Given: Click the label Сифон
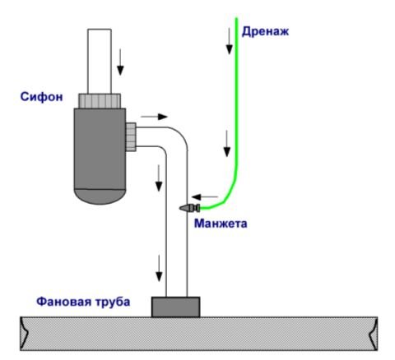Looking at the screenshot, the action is [x=42, y=97].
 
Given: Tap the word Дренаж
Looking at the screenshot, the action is [x=265, y=31].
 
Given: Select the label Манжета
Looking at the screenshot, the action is [x=221, y=224].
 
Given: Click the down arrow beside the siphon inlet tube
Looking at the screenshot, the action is [x=120, y=62].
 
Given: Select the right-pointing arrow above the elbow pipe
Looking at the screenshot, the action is [x=154, y=117].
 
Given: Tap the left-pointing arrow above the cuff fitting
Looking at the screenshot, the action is [x=205, y=196].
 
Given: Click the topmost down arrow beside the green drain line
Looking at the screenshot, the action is [x=229, y=41].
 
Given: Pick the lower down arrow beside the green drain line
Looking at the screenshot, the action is [x=227, y=144].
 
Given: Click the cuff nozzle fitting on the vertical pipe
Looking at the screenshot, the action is [x=189, y=208].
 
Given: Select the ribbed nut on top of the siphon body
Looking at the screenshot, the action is [x=100, y=101].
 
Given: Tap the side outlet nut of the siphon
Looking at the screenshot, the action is [x=131, y=137].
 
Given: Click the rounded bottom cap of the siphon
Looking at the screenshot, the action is [x=100, y=196].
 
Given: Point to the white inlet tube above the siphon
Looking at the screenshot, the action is [x=100, y=62].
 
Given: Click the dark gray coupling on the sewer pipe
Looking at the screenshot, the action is [x=175, y=307].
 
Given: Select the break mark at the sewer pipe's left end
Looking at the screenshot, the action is [x=25, y=334].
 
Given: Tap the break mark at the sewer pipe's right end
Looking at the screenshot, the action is [x=373, y=334].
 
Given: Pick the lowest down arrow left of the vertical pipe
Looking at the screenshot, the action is [x=159, y=268].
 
